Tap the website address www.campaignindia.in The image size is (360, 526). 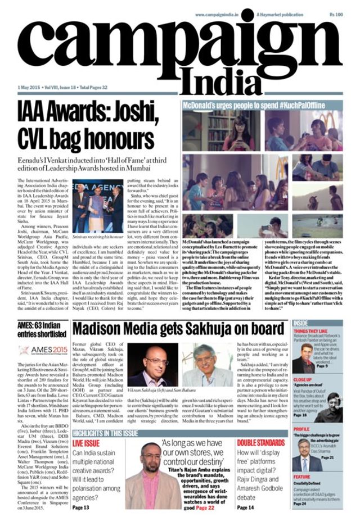(220, 14)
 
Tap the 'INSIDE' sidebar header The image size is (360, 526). (301, 323)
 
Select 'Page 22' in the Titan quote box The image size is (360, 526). (205, 507)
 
